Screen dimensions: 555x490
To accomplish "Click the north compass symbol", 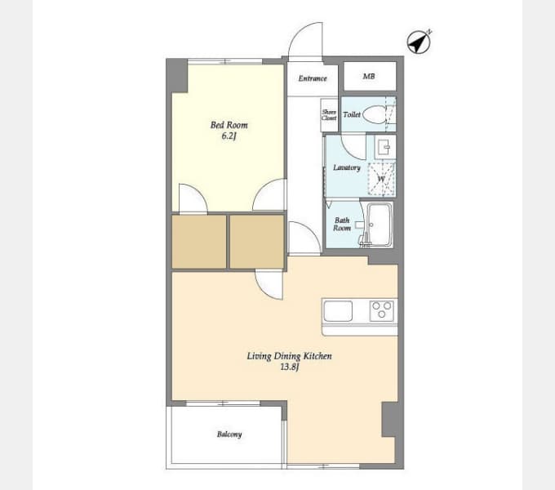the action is pos(419,42).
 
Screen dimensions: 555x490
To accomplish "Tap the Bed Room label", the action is pos(229,125).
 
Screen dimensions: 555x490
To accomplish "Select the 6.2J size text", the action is pos(229,136).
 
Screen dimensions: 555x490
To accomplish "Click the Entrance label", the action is pos(313,78).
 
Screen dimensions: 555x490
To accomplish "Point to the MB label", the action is pos(369,76).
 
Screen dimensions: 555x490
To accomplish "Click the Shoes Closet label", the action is pos(329,115).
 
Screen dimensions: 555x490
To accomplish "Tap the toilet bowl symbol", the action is pos(374,114).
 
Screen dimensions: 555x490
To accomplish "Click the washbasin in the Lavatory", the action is pos(384,146).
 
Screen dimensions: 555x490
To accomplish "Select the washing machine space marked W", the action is pos(381,179).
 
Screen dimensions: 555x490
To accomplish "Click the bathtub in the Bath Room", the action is pos(380,224).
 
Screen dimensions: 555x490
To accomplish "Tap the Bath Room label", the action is pos(342,225).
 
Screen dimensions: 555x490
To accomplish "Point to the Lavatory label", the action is pos(347,167).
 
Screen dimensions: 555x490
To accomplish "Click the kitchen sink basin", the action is pos(338,311).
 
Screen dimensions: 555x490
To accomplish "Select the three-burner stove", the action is pos(382,310).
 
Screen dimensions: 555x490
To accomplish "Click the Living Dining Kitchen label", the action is pos(289,356).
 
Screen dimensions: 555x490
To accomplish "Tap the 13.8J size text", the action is pos(290,367).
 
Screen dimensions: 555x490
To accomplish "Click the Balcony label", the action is pos(229,434).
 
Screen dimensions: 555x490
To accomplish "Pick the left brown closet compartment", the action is pos(199,242).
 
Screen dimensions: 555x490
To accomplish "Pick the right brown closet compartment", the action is pos(257,242).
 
